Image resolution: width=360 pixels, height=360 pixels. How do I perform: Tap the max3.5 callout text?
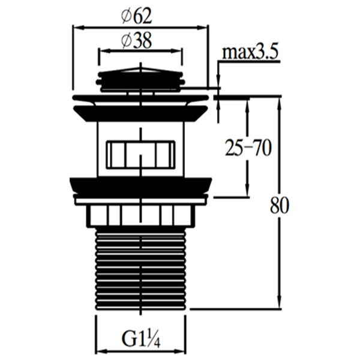(x=250, y=53)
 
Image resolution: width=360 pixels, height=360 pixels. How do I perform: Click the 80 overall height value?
(x=279, y=205)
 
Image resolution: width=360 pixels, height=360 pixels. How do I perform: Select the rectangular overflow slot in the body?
(x=140, y=155)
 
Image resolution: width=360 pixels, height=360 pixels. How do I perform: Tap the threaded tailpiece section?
(x=140, y=270)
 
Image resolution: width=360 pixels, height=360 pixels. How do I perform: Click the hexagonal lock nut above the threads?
(x=140, y=215)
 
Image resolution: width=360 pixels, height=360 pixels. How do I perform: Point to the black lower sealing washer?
(x=140, y=185)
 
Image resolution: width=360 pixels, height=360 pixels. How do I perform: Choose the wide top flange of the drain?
(x=140, y=97)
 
